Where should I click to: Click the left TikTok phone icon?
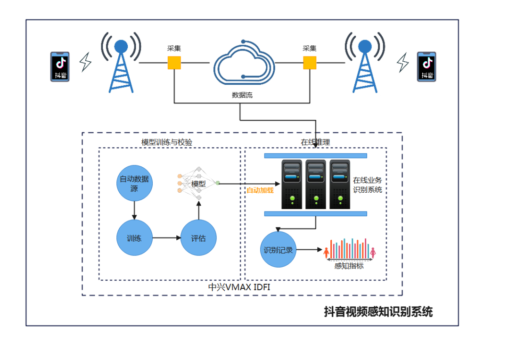coord(60,67)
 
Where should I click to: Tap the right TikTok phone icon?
coord(427,67)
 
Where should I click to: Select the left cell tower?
coord(121,63)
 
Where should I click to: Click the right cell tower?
coord(365,63)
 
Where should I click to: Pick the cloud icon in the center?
coord(244,62)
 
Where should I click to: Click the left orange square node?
coord(174,63)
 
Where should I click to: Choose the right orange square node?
coord(310,63)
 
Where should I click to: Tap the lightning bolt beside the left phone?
coord(85,62)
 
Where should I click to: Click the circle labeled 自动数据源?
coord(134,183)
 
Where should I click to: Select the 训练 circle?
coord(134,238)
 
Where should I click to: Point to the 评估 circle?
coord(198,238)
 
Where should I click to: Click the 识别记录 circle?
coord(278,250)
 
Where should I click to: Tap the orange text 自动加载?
coord(260,190)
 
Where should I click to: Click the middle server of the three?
coord(316,184)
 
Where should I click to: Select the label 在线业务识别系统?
coord(368,185)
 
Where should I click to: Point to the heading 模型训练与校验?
coord(167,142)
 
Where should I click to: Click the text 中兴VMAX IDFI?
coord(239,287)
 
